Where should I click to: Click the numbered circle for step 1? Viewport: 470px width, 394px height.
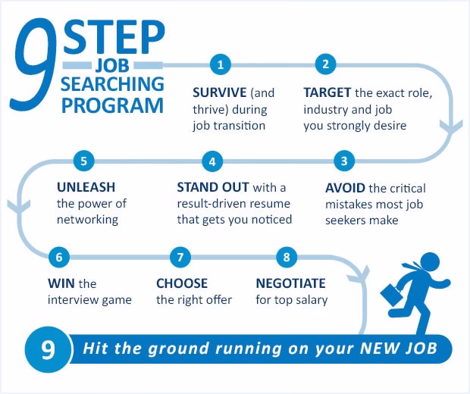(x=220, y=64)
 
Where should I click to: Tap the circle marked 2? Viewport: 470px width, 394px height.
(x=325, y=64)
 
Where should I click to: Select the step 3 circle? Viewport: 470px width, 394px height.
(x=344, y=161)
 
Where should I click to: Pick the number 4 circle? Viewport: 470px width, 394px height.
(x=213, y=161)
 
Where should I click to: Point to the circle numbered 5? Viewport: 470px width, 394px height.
(x=84, y=161)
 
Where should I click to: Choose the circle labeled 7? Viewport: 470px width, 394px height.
(x=180, y=257)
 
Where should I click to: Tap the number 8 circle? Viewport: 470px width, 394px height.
(x=286, y=257)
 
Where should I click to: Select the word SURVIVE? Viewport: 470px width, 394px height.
(x=220, y=93)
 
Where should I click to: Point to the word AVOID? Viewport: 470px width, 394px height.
(x=345, y=187)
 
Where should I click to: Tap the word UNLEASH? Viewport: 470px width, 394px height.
(x=86, y=187)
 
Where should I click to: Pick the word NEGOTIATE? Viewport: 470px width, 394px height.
(x=290, y=283)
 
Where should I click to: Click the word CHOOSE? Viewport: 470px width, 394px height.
(x=182, y=283)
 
